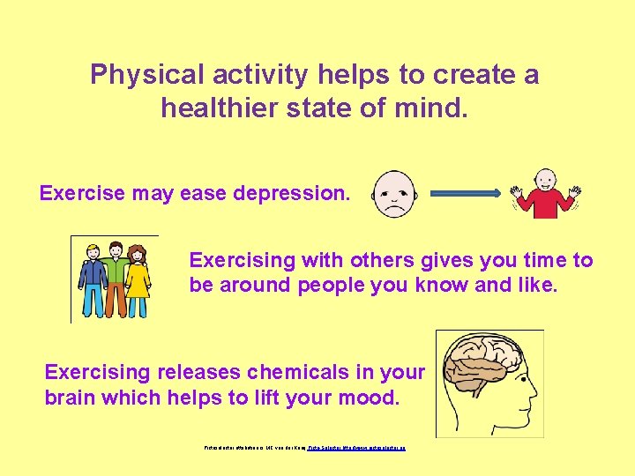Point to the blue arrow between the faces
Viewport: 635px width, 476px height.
tap(466, 192)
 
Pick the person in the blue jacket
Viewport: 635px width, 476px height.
tap(93, 279)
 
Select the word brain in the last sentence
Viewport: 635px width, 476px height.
tap(70, 398)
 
